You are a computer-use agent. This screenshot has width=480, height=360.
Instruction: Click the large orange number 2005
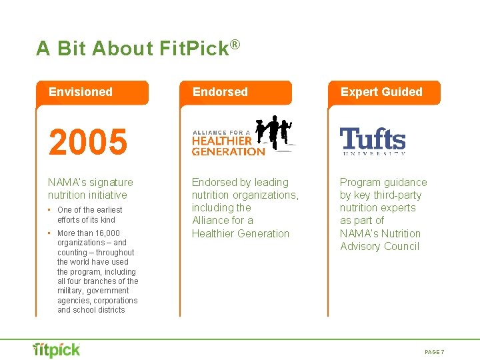(x=87, y=142)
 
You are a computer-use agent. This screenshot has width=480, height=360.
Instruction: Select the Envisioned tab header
(x=81, y=92)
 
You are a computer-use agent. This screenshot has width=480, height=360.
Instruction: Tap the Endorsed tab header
(x=220, y=92)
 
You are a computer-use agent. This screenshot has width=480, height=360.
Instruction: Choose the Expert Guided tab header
(x=381, y=92)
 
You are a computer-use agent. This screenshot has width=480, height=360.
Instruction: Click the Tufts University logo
(x=373, y=141)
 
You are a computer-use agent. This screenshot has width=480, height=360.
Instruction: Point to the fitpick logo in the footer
(x=57, y=350)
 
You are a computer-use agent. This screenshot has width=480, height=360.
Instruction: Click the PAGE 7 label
(x=434, y=351)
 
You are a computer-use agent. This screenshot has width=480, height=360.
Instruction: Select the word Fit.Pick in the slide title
(x=194, y=49)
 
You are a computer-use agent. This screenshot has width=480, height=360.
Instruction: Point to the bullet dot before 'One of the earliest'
(x=51, y=210)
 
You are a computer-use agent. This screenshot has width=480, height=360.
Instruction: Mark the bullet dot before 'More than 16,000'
(x=51, y=233)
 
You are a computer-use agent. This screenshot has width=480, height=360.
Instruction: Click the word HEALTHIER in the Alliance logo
(x=221, y=141)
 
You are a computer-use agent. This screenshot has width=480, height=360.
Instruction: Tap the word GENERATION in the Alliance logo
(x=228, y=151)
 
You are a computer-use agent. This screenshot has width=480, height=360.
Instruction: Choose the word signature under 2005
(x=111, y=183)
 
